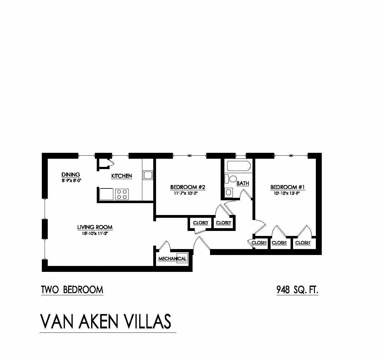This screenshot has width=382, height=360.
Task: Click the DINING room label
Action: tap(71, 175)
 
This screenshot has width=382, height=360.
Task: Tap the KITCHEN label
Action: tap(122, 176)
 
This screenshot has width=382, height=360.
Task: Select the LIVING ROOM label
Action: tap(95, 227)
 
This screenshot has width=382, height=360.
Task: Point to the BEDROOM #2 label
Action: tap(188, 187)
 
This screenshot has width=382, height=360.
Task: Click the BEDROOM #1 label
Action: tap(287, 187)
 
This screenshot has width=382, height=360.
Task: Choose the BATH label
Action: tap(242, 183)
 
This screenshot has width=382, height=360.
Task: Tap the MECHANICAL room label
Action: tap(172, 258)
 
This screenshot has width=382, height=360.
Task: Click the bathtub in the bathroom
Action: tap(239, 166)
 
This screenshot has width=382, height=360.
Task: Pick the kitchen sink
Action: tap(148, 175)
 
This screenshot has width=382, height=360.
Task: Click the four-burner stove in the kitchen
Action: tap(121, 194)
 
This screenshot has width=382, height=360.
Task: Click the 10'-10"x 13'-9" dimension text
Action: tap(287, 193)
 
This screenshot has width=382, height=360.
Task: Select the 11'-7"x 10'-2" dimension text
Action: tap(186, 193)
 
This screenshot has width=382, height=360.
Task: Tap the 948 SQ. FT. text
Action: tap(297, 290)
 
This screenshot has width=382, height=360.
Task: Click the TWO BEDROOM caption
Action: tap(72, 290)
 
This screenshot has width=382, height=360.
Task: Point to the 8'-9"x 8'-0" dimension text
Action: tap(71, 180)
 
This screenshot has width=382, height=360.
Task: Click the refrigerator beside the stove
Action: tap(106, 194)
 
